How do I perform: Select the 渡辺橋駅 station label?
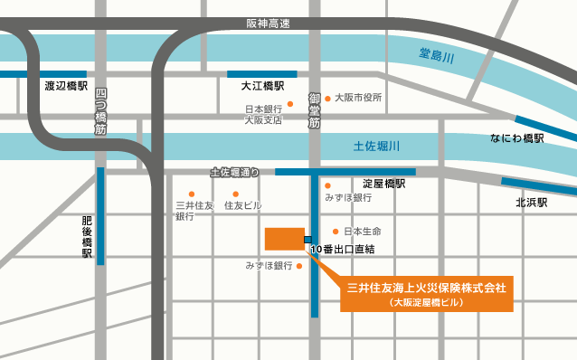pos(66,87)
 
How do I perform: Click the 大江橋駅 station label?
pos(262,87)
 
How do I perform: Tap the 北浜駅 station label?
pos(532,203)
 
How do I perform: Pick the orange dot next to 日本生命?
pos(336,232)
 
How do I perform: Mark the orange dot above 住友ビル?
pos(235,194)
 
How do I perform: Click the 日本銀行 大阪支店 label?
pos(263,115)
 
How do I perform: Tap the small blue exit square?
pos(308,240)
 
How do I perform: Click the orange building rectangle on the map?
pos(283,239)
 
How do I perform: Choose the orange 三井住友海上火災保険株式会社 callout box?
pos(427,294)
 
